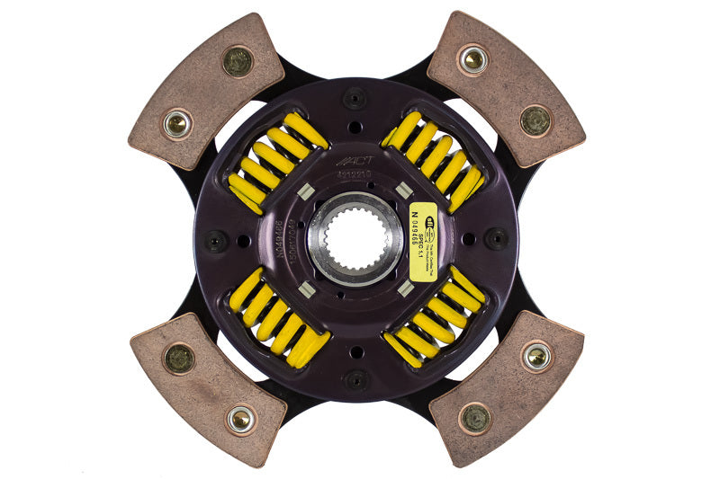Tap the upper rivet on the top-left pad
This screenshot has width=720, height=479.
click(x=238, y=60)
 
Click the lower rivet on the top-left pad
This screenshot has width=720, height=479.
click(x=176, y=124)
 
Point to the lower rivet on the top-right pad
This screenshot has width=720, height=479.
click(x=535, y=120)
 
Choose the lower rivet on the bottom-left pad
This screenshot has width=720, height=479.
click(x=239, y=419)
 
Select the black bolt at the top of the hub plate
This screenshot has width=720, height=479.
click(x=355, y=98)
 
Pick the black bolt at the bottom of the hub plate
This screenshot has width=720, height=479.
click(x=356, y=378)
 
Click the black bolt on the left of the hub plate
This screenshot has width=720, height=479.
click(x=214, y=241)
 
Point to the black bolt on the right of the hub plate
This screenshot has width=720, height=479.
click(x=497, y=238)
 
